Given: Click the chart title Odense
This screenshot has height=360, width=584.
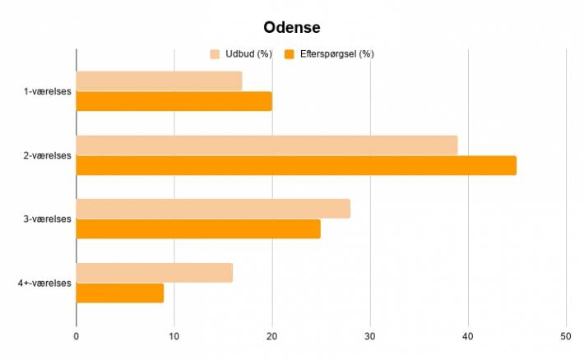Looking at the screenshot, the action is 292,28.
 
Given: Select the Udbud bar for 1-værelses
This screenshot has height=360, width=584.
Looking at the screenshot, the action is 160,81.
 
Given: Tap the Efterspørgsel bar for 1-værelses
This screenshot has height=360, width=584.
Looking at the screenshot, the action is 174,101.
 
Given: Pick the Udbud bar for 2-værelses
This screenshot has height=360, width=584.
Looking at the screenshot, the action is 267,145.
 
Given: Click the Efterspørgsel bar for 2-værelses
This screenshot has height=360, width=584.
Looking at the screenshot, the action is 296,166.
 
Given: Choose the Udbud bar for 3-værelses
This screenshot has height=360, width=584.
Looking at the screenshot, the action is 213,209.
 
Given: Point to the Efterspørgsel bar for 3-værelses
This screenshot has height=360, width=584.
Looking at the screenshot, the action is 198,229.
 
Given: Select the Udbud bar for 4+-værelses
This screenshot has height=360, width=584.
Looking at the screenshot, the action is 155,273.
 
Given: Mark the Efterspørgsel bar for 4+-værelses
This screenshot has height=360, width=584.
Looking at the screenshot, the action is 120,293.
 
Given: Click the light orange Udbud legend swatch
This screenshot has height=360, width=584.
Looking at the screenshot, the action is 215,54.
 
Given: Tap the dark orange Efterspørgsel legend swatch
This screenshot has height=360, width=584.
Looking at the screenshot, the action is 289,54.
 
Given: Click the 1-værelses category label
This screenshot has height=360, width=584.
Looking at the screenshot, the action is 48,91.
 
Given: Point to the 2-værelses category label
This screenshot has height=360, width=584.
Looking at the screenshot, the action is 48,155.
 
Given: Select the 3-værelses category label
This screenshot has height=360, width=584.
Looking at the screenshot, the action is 48,219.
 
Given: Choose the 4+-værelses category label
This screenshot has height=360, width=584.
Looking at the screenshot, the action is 44,284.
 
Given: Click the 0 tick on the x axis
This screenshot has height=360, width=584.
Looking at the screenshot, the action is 76,336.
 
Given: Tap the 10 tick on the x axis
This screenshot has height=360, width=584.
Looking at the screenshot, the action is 174,336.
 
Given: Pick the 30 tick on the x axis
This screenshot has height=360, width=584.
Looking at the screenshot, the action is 370,336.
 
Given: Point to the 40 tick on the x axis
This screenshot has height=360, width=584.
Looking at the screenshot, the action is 468,336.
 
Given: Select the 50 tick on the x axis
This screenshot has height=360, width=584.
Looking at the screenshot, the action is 565,336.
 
